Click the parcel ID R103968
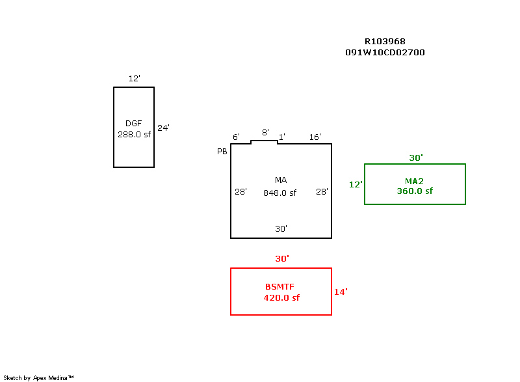click(385, 41)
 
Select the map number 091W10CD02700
click(385, 53)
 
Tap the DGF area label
click(133, 124)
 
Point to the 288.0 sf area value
click(134, 135)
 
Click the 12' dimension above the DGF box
click(134, 79)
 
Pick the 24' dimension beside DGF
click(163, 128)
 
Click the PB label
click(222, 151)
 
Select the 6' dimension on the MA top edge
click(236, 137)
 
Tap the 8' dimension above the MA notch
click(265, 133)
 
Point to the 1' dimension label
click(281, 137)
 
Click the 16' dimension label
click(315, 137)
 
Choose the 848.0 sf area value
click(279, 193)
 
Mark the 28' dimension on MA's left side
click(240, 192)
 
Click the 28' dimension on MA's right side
click(322, 192)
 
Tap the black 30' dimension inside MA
click(281, 229)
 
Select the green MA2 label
click(415, 181)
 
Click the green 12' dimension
click(356, 185)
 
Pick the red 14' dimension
click(341, 292)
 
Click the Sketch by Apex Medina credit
click(39, 377)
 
